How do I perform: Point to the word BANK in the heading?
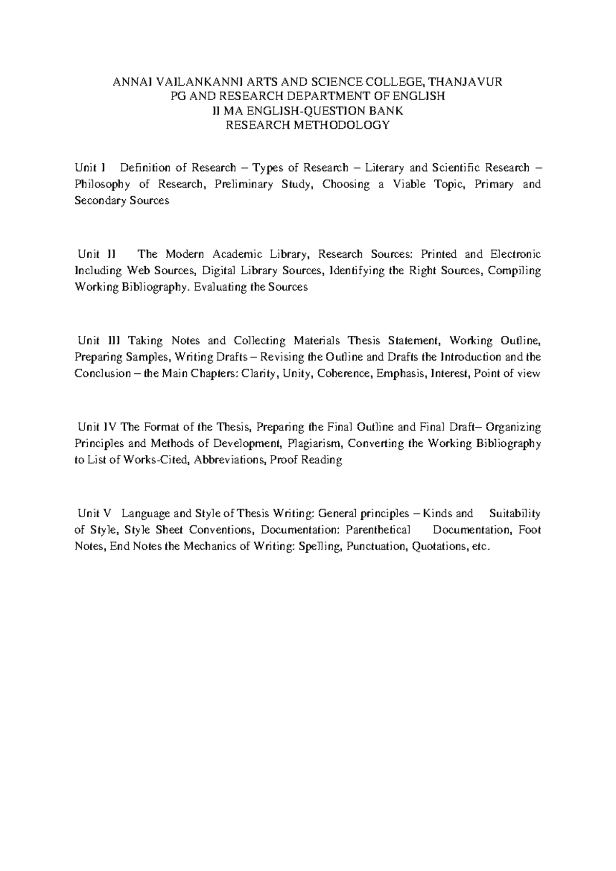389,110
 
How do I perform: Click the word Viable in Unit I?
410,184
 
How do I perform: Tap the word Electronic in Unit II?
515,254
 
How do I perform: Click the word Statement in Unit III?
414,340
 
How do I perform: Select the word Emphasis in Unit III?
397,373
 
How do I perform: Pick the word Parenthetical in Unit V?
378,529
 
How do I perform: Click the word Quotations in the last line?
440,546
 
